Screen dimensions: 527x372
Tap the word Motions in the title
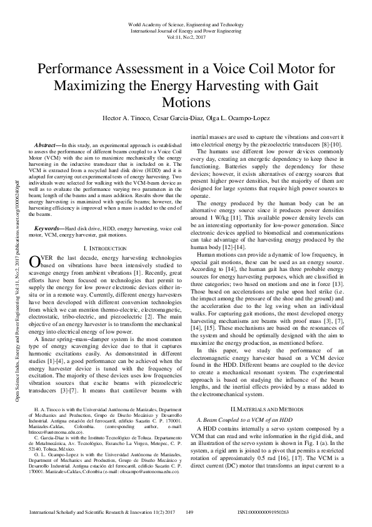pos(186,101)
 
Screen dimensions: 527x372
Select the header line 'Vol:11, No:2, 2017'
pos(186,37)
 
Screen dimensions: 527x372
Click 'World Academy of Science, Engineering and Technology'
pos(186,24)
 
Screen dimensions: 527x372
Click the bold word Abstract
pos(48,145)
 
